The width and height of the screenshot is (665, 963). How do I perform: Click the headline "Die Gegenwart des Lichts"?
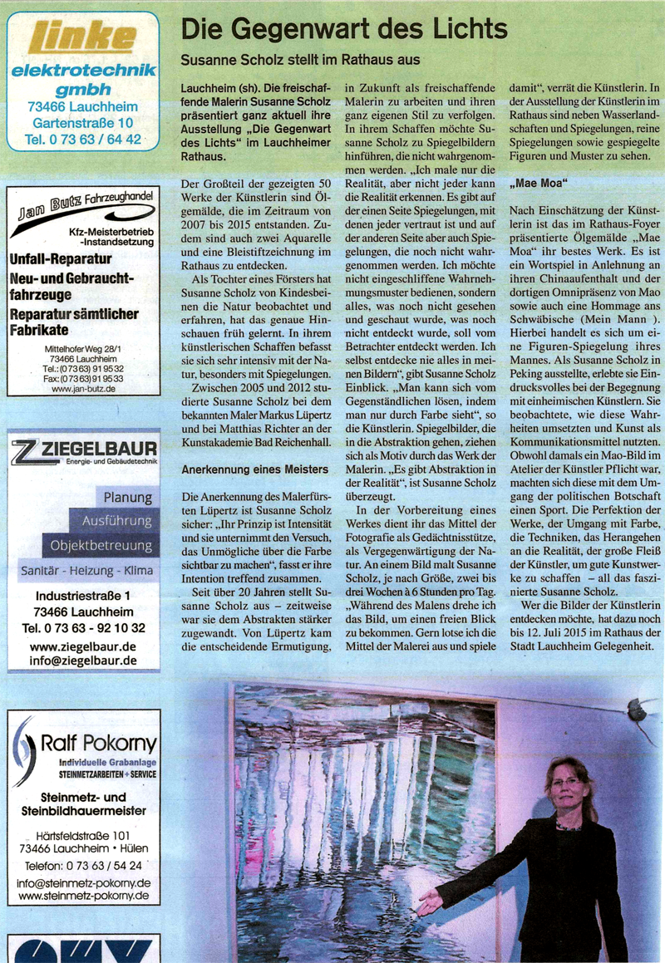point(344,31)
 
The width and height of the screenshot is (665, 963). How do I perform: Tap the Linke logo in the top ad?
point(82,37)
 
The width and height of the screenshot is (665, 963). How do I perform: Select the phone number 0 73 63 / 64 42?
point(83,140)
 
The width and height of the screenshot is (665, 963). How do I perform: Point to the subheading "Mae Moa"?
point(535,180)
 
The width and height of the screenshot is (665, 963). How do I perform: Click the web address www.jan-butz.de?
point(83,388)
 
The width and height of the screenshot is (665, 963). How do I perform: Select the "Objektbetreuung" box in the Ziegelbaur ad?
point(102,546)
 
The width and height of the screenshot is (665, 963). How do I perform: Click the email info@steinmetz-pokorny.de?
point(83,882)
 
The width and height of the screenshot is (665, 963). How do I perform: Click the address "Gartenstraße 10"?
point(82,123)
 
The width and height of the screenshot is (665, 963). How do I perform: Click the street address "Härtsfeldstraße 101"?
point(83,834)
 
